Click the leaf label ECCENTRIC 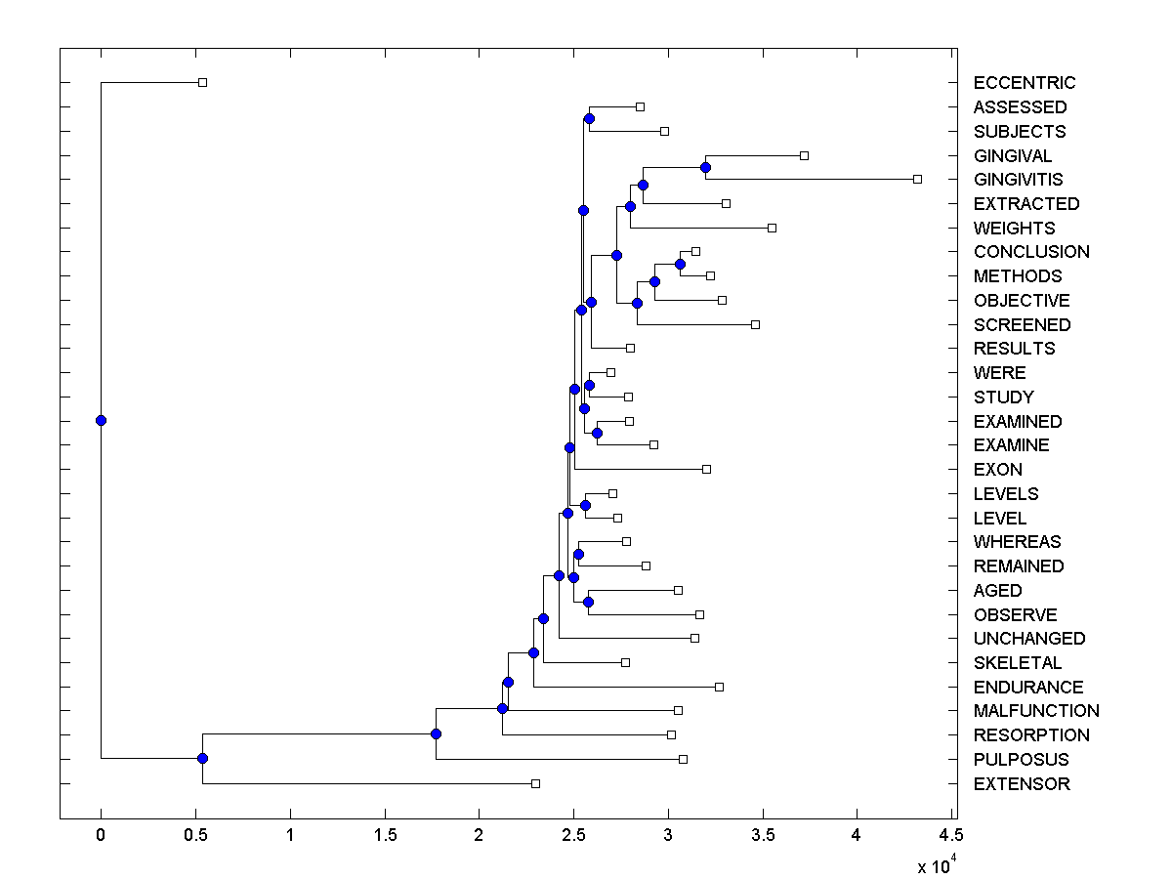1024,83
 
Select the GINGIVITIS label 1018,180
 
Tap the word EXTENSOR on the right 1022,784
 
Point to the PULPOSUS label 1021,760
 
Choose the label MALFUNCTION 1036,711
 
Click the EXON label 997,470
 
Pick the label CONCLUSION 1031,252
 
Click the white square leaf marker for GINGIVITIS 917,179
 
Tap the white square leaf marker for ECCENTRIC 202,82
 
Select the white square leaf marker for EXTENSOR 535,783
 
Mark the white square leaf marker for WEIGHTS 772,228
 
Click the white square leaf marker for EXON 706,469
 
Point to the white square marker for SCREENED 755,324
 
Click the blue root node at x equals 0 101,420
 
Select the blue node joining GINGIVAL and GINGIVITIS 705,167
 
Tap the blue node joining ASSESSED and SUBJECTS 589,118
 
